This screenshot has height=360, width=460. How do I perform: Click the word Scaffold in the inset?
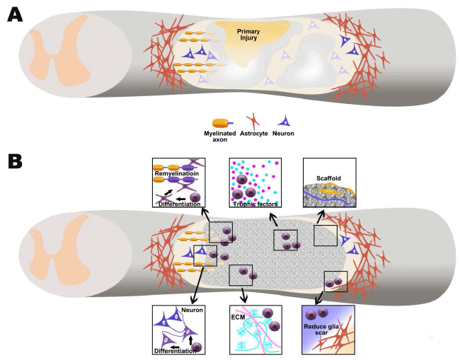pyautogui.click(x=326, y=170)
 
